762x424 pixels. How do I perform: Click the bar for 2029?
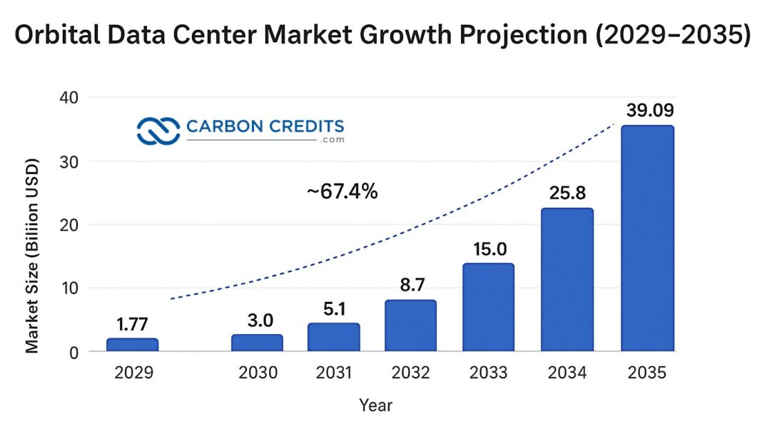tap(133, 345)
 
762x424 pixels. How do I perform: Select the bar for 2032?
tap(410, 325)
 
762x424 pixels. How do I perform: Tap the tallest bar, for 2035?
tap(647, 238)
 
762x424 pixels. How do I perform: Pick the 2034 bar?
tap(567, 280)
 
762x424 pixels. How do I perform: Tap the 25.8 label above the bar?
tap(567, 193)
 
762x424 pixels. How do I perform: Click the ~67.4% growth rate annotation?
tap(342, 191)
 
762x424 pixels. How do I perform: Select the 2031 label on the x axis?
tap(333, 373)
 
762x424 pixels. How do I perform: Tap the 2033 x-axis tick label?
tap(489, 373)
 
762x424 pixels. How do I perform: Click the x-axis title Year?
tap(375, 405)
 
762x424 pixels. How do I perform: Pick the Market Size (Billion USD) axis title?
tap(32, 256)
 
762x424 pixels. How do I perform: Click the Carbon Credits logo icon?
tap(158, 131)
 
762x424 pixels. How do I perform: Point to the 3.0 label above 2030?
tap(259, 320)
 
